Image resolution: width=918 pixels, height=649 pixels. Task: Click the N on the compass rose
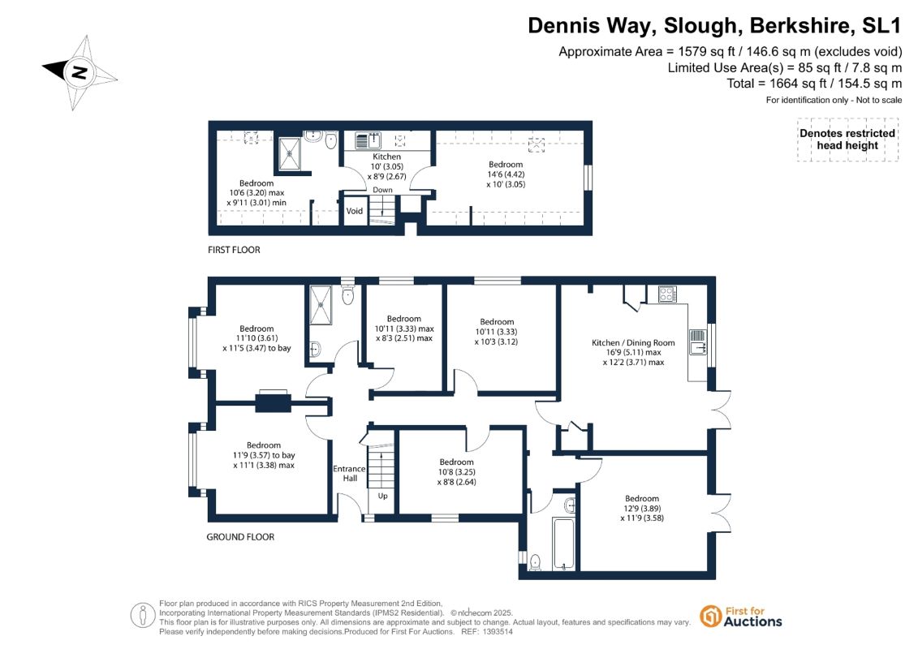[x=79, y=72]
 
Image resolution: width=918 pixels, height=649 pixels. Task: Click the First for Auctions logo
[x=740, y=617]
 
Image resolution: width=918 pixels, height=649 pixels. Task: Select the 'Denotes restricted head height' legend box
[x=847, y=140]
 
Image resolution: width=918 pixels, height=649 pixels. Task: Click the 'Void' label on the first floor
[x=354, y=211]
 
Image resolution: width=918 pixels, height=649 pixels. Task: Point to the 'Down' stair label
[x=383, y=190]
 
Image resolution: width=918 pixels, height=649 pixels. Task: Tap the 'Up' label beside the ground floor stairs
[x=382, y=496]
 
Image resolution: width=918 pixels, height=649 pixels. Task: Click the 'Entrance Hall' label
[x=350, y=474]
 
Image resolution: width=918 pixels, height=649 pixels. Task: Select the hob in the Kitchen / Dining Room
[x=667, y=294]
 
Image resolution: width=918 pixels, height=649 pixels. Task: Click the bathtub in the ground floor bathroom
[x=564, y=544]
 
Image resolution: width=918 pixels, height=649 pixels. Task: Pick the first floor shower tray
[x=289, y=154]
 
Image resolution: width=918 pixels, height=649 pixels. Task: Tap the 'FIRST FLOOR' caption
[x=234, y=250]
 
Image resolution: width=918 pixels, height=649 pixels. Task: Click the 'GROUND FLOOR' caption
[x=240, y=536]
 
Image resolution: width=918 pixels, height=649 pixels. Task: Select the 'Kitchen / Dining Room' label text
[x=633, y=342]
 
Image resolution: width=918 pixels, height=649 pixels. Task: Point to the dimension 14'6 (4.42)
[x=506, y=174]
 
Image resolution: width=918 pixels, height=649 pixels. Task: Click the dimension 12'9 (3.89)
[x=642, y=509]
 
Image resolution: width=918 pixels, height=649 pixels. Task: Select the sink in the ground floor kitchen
[x=697, y=342]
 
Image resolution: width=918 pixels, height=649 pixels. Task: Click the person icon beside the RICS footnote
[x=142, y=616]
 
